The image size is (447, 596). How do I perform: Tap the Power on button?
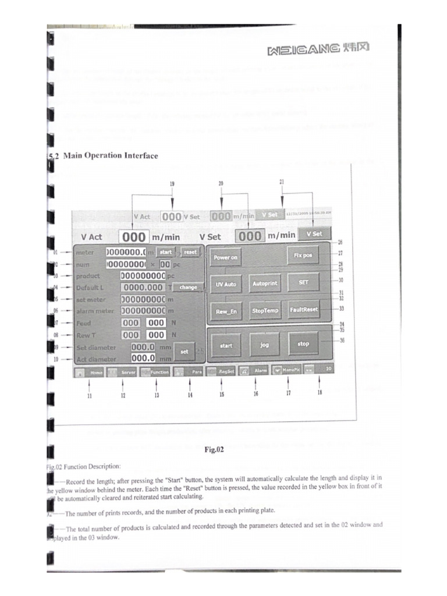pos(226,257)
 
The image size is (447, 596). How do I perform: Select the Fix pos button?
pos(303,256)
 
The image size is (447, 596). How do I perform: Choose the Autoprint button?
pos(265,283)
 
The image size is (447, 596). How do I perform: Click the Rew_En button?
pos(226,311)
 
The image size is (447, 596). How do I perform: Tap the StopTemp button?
pos(265,311)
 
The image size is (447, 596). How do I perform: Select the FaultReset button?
pos(303,310)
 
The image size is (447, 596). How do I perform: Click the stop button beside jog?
pos(303,344)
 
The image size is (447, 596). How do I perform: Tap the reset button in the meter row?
pos(190,252)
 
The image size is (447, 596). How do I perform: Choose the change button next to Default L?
pos(188,287)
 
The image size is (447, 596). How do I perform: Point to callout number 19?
pos(172,183)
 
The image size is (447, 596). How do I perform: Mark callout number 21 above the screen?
pos(282,182)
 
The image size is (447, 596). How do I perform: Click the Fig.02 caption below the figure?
pos(214,449)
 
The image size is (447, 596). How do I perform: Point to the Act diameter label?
pos(96,359)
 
